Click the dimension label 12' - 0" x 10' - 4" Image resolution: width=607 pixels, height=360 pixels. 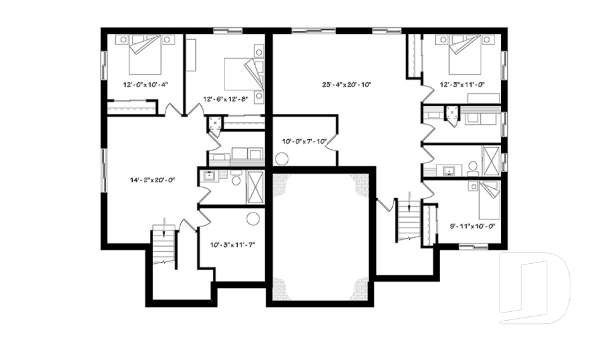click(145, 84)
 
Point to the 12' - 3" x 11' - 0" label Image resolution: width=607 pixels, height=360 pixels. click(463, 84)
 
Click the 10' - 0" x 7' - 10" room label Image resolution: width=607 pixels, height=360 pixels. click(303, 141)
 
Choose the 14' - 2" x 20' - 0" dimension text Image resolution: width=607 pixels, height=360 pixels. click(151, 180)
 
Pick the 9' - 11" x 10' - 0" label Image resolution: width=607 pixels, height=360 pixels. click(471, 225)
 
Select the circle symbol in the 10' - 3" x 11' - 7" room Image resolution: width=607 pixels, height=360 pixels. click(254, 219)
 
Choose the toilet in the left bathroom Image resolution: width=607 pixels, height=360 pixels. click(235, 181)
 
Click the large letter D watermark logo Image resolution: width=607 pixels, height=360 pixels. click(534, 288)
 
